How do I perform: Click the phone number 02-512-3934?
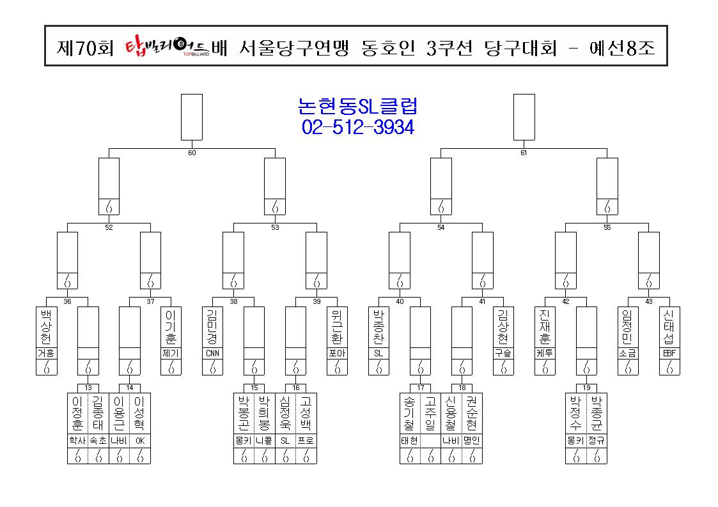pos(357,127)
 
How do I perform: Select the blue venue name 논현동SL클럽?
pos(357,106)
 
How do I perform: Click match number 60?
pos(192,153)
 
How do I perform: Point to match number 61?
pos(524,153)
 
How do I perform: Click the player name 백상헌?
pos(46,327)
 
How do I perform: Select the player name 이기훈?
pos(171,327)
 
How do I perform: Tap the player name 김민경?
pos(212,327)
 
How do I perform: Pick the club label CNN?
pos(212,353)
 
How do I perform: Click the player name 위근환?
pos(337,327)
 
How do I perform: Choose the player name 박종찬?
pos(379,327)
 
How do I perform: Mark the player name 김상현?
pos(503,327)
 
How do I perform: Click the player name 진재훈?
pos(545,327)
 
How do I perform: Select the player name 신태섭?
pos(669,327)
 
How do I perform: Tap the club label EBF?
pos(669,353)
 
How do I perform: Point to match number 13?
pos(88,388)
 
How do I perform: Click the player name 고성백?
pos(306,414)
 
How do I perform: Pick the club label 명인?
pos(472,441)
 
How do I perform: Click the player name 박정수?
pos(575,414)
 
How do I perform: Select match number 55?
pos(607,227)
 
